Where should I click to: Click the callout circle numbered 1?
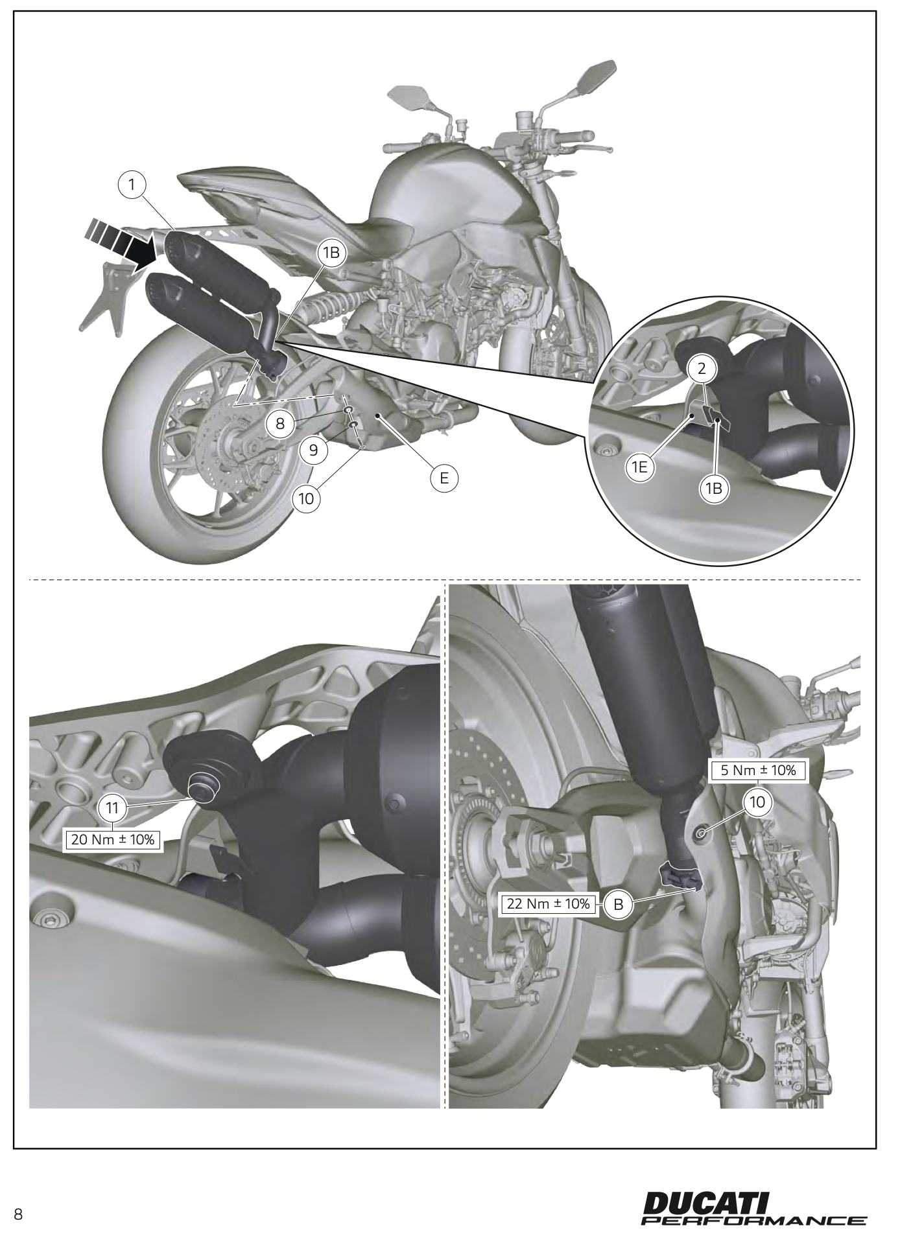[133, 185]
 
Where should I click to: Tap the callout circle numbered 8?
[280, 424]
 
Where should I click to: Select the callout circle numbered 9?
[314, 450]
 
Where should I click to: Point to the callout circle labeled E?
[444, 478]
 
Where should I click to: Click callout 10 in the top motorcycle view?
[307, 498]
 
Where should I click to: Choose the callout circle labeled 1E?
[640, 469]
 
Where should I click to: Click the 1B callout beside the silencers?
[331, 253]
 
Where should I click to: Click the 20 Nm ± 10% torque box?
[113, 841]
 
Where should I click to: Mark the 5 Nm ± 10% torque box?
[758, 771]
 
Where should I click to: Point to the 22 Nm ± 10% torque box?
[548, 904]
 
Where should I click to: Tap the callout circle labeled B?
[618, 905]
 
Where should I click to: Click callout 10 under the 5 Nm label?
[757, 802]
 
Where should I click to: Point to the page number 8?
[18, 1214]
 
